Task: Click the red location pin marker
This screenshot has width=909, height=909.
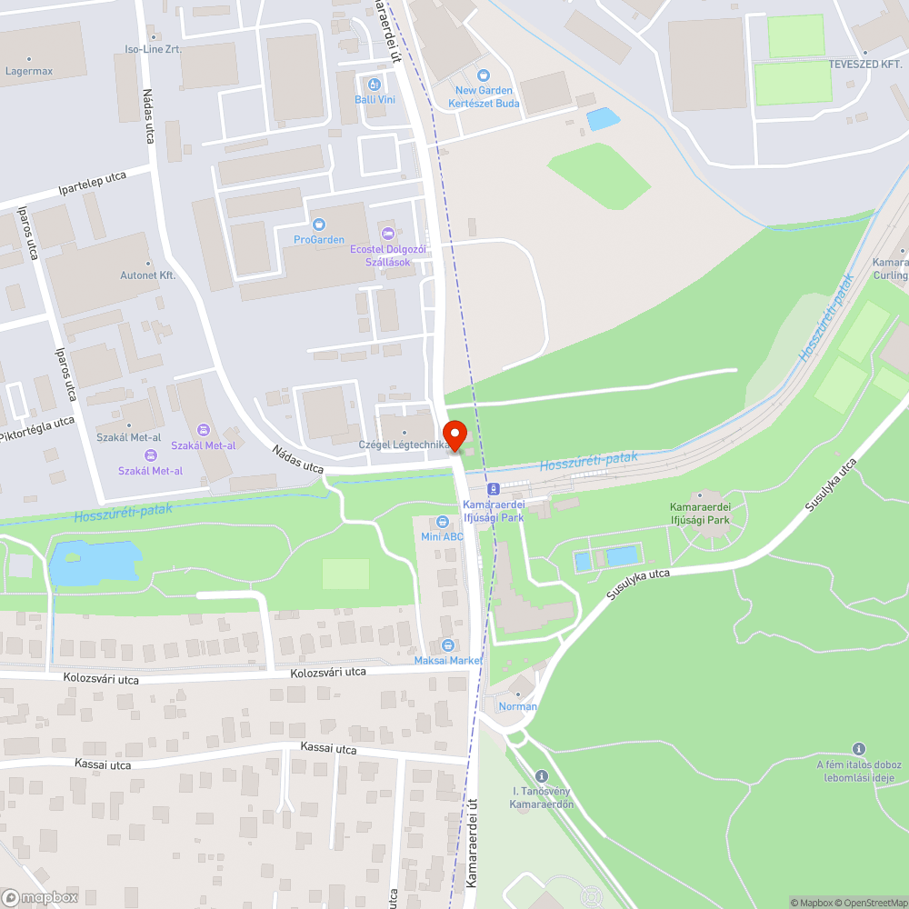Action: pyautogui.click(x=454, y=434)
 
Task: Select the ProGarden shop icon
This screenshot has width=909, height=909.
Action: pyautogui.click(x=318, y=225)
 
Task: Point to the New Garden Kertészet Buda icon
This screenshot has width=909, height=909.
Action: pyautogui.click(x=484, y=75)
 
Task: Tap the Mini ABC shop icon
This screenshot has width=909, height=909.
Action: pyautogui.click(x=443, y=522)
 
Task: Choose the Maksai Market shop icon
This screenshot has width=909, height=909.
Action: pyautogui.click(x=447, y=644)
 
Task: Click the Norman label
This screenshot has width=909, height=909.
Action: pyautogui.click(x=518, y=706)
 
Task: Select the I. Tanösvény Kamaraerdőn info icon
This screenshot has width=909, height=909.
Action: pyautogui.click(x=542, y=776)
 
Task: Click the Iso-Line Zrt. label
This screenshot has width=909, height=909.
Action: pyautogui.click(x=153, y=49)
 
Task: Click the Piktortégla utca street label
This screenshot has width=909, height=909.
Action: pyautogui.click(x=37, y=430)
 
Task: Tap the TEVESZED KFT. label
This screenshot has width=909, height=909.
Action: pyautogui.click(x=864, y=65)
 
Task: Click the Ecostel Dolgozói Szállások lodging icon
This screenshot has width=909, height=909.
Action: pyautogui.click(x=388, y=233)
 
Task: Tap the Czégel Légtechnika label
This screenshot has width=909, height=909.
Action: pyautogui.click(x=403, y=445)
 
